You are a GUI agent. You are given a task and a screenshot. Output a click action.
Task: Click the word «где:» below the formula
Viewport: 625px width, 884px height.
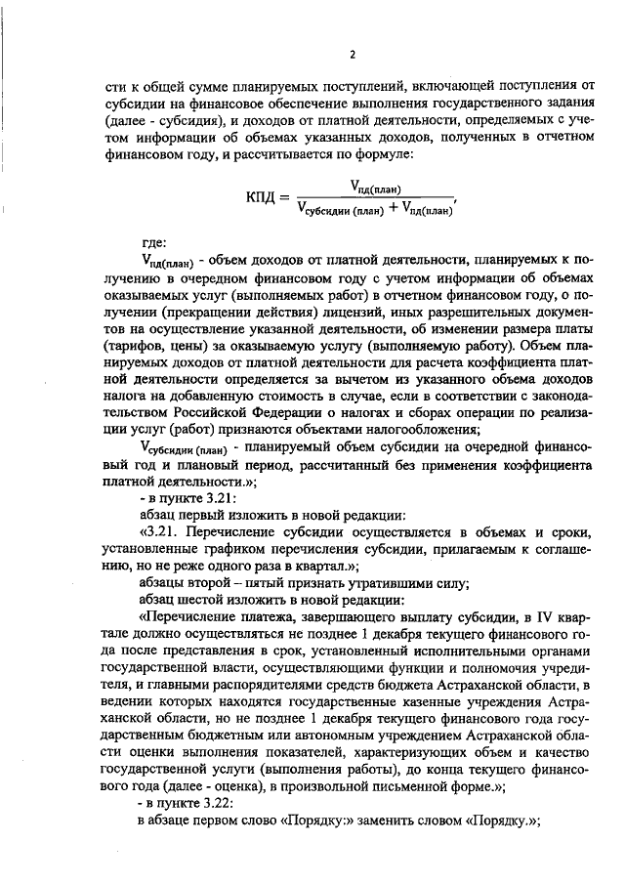154,242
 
